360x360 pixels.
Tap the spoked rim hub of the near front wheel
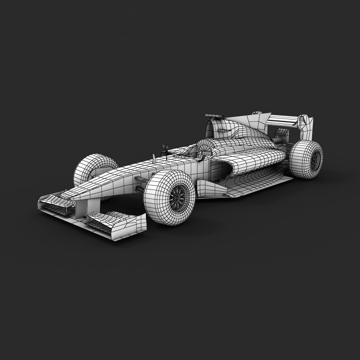[176, 198]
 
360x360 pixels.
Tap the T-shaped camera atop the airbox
[213, 116]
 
